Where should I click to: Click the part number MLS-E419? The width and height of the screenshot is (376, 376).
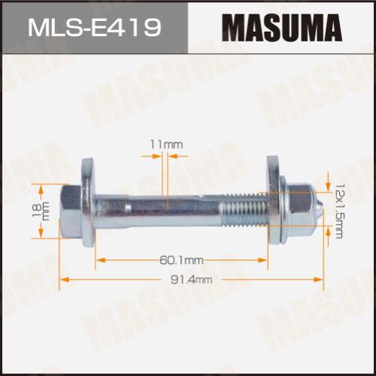click(94, 27)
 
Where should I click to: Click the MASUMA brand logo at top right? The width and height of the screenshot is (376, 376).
click(282, 28)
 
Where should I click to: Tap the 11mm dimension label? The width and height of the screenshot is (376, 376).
click(166, 144)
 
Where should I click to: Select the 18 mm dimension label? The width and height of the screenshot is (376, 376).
click(41, 211)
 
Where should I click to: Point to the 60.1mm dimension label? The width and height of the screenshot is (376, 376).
click(181, 260)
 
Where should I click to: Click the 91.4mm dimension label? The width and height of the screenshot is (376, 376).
click(191, 280)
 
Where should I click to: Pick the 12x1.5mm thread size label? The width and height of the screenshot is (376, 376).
click(338, 211)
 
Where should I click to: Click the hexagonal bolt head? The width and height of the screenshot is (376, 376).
click(71, 212)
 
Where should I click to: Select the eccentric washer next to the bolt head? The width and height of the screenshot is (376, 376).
click(89, 202)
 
